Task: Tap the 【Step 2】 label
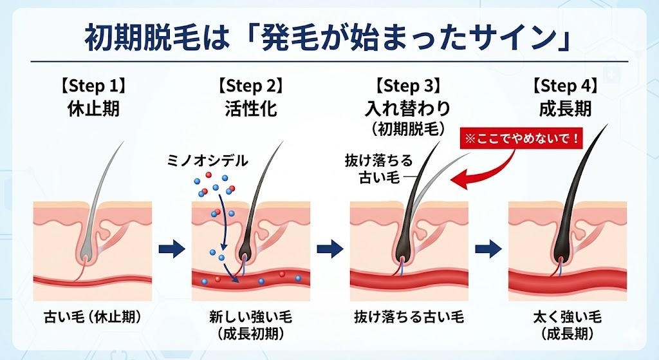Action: (252, 85)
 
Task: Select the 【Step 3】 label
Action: (409, 85)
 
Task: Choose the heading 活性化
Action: (252, 108)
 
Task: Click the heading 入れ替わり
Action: (409, 108)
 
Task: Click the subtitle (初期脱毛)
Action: (409, 128)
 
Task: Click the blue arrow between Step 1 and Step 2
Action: (171, 248)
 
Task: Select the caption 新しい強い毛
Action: (251, 317)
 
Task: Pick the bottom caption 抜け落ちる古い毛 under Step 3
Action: (409, 317)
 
